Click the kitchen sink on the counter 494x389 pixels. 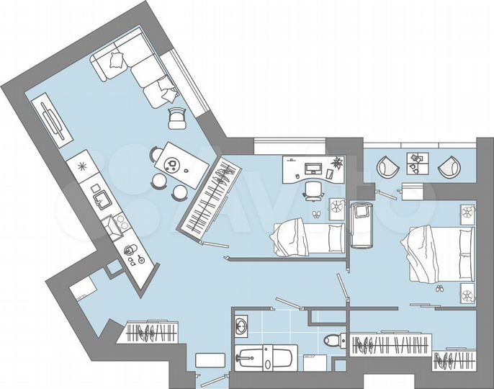click(99, 195)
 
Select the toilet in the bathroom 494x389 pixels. click(332, 339)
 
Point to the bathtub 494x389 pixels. click(264, 357)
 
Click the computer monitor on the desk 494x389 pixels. click(313, 169)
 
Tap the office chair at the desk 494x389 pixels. click(313, 189)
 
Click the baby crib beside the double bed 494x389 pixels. click(361, 223)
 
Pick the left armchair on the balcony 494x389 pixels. click(387, 168)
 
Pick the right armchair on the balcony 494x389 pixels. click(449, 167)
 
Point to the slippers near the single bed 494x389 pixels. click(315, 214)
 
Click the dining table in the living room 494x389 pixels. click(173, 166)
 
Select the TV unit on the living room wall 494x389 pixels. click(53, 121)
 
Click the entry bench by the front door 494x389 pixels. click(210, 360)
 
